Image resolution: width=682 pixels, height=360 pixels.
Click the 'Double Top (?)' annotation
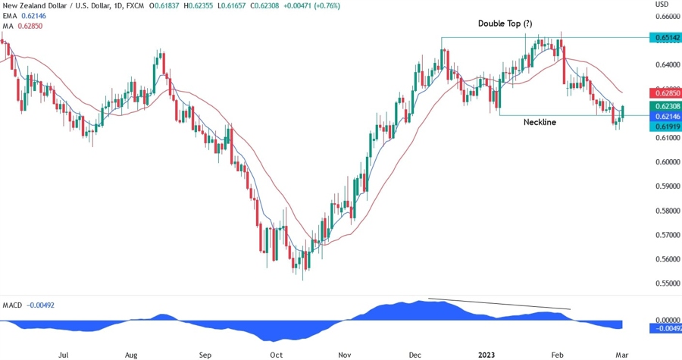tap(509, 24)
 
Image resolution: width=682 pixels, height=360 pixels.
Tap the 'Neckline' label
tap(540, 122)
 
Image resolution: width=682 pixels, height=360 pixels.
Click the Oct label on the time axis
tap(277, 354)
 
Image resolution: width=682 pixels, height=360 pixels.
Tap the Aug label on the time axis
tap(131, 354)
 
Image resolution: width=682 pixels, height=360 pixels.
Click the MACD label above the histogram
tap(12, 305)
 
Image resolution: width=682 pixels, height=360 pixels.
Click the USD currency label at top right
tap(661, 5)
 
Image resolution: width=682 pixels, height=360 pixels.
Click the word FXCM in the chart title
tap(133, 6)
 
